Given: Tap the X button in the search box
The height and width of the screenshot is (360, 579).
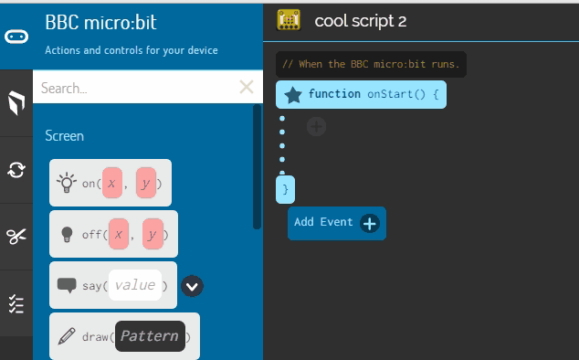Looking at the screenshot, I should pyautogui.click(x=246, y=88).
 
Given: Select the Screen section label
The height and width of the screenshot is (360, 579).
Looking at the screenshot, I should pyautogui.click(x=64, y=135).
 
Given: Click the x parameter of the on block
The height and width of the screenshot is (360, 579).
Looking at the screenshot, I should pyautogui.click(x=112, y=184).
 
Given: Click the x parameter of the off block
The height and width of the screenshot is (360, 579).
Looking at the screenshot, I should pyautogui.click(x=119, y=235).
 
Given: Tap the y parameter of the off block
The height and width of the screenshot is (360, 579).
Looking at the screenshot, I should pyautogui.click(x=153, y=235).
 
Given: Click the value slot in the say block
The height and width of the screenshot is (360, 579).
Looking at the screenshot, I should pyautogui.click(x=134, y=285).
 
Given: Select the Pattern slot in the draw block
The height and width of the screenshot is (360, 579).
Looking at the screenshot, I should pyautogui.click(x=149, y=336).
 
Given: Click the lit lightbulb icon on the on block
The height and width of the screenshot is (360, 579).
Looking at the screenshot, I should pyautogui.click(x=67, y=183).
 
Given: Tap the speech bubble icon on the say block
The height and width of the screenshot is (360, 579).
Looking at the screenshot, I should pyautogui.click(x=67, y=285).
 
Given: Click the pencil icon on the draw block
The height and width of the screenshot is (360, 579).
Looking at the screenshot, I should pyautogui.click(x=67, y=336).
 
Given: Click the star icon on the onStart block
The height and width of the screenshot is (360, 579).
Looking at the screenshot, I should pyautogui.click(x=293, y=94).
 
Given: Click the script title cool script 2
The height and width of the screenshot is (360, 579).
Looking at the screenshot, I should pyautogui.click(x=360, y=21).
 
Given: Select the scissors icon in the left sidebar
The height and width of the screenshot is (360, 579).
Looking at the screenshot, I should pyautogui.click(x=16, y=237).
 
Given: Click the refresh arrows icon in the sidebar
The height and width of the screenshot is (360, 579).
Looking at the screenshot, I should pyautogui.click(x=16, y=169).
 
